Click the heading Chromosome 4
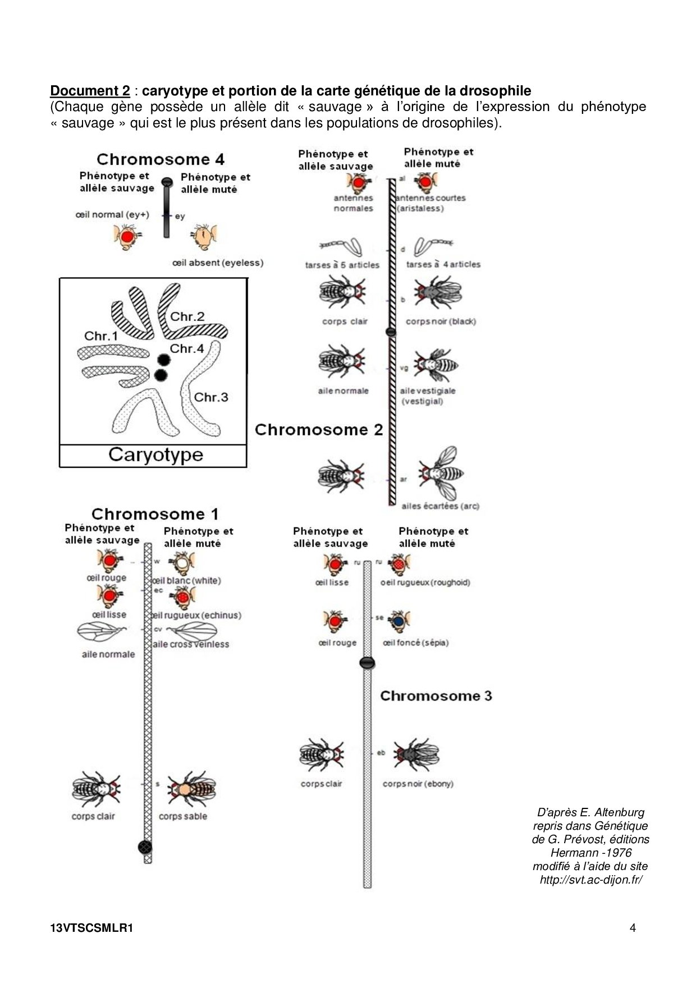(x=161, y=160)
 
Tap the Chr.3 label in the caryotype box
(x=211, y=397)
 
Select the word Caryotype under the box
(x=155, y=455)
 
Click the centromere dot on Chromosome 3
(x=367, y=663)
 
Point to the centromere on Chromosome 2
(x=391, y=332)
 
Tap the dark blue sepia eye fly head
(x=399, y=622)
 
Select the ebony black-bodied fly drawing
(x=416, y=755)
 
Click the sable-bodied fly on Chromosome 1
(x=190, y=789)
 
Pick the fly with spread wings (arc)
(x=441, y=475)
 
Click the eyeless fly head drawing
(x=204, y=236)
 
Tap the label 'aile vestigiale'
(x=427, y=391)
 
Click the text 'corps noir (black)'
(x=441, y=321)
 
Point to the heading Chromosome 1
(x=155, y=514)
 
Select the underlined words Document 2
(x=90, y=91)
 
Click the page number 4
(x=633, y=928)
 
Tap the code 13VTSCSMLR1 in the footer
(x=91, y=928)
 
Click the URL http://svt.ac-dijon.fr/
(x=590, y=880)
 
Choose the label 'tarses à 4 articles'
(x=443, y=264)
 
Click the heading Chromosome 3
(x=436, y=696)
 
